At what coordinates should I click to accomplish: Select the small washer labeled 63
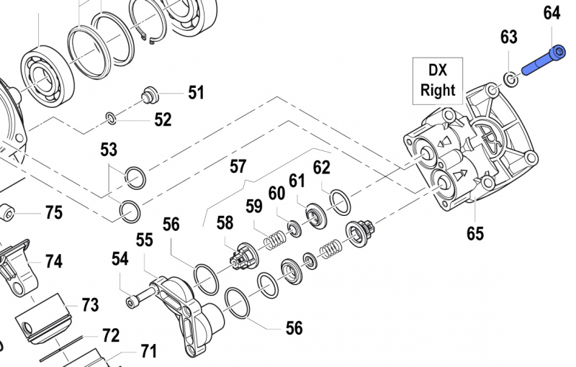[509, 77]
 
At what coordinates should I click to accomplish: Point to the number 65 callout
[474, 233]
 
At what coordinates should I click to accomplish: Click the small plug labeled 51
[150, 94]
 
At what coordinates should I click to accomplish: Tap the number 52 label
[163, 119]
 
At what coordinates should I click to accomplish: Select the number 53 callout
[109, 150]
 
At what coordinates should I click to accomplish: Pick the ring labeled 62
[338, 202]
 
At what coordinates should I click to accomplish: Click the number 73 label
[89, 305]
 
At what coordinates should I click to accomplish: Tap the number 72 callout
[110, 335]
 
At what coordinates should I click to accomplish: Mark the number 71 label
[148, 352]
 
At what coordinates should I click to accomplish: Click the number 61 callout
[297, 181]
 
